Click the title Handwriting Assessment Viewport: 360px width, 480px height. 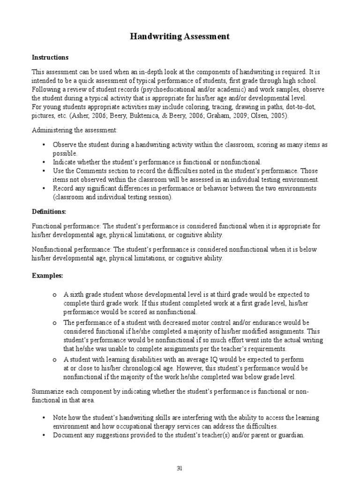coord(180,37)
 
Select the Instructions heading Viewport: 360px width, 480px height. coord(50,58)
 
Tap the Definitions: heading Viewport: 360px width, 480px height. coord(49,211)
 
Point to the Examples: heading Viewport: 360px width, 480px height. coord(47,275)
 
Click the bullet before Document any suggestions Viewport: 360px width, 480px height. coord(44,435)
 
